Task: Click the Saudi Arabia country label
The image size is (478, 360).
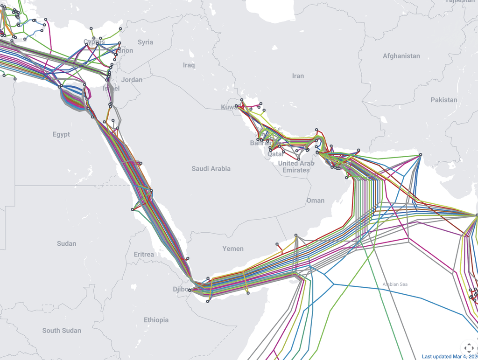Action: coord(211,168)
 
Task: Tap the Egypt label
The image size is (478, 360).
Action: coord(61,134)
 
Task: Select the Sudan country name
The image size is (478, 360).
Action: coord(66,243)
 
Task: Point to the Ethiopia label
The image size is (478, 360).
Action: coord(156,320)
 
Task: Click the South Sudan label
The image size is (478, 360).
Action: coord(62,331)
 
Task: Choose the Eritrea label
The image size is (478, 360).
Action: coord(144,254)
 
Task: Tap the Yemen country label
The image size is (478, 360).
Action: coord(233,249)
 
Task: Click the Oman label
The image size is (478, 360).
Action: coord(315,201)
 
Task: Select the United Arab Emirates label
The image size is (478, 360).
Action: coord(296,167)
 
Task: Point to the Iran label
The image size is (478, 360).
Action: coord(298,76)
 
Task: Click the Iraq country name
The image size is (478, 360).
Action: coord(189,65)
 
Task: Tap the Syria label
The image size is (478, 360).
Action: coord(145,42)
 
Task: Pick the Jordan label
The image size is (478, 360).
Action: coord(132,80)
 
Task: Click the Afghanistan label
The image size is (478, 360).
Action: coord(401,56)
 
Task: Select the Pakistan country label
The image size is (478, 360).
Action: coord(444,100)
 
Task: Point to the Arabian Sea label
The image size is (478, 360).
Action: coord(395,284)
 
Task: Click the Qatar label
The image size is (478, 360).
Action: coord(275,154)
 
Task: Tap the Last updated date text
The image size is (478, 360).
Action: coord(450,356)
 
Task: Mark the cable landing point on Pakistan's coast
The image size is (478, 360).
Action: coord(420,155)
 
